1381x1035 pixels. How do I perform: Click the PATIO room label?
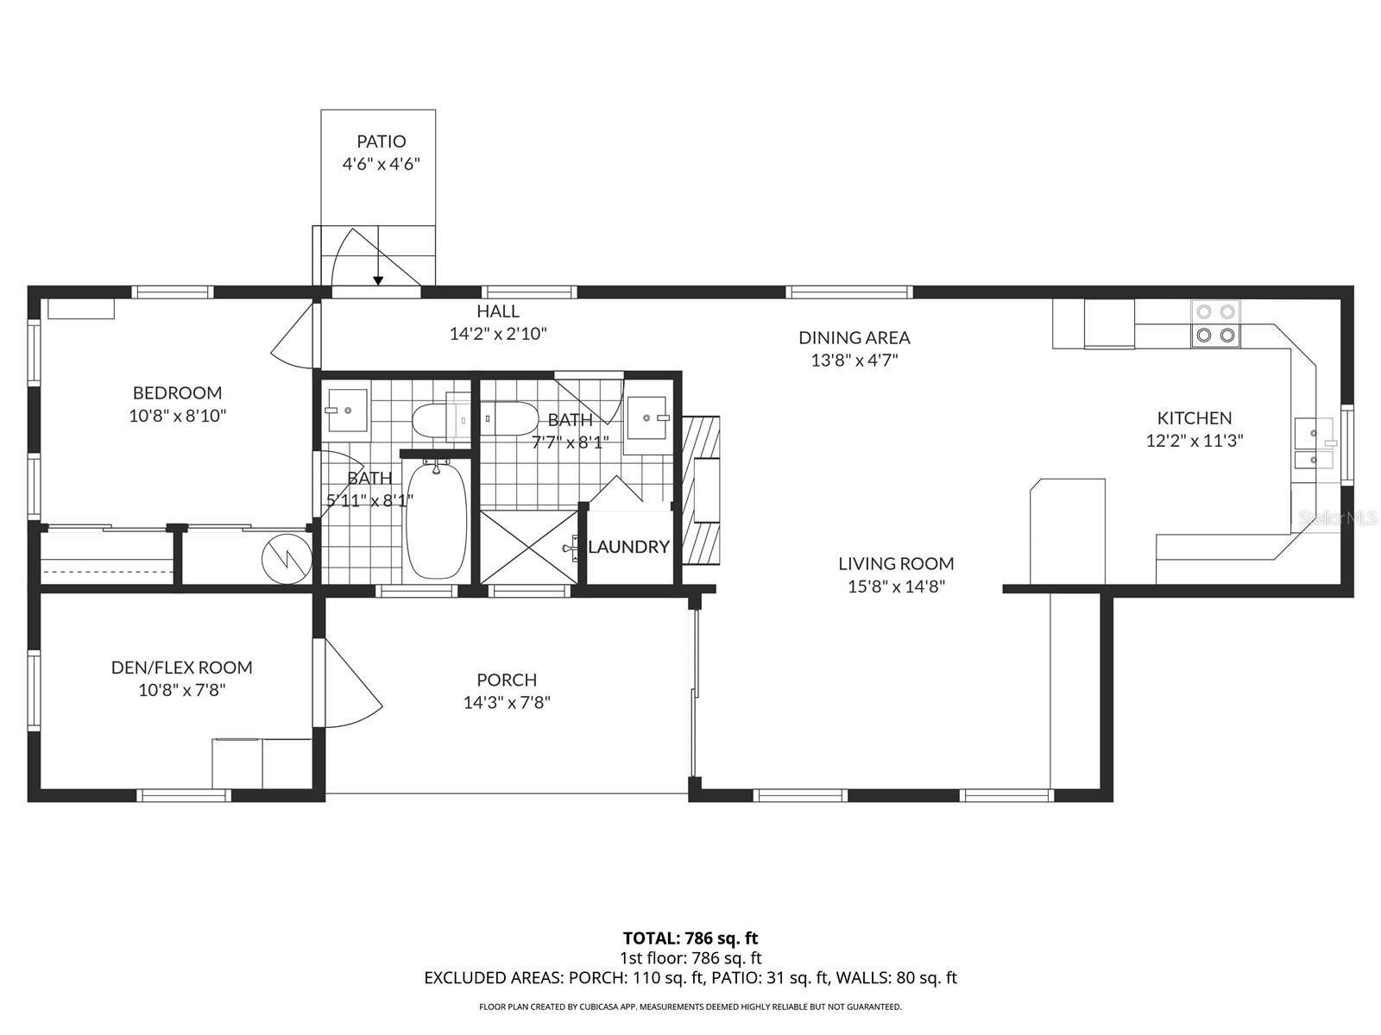(382, 141)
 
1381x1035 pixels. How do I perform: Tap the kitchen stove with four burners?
(1215, 323)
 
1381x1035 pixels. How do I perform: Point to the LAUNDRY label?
(628, 547)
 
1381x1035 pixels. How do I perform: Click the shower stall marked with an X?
(528, 548)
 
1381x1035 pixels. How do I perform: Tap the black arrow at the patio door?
(378, 279)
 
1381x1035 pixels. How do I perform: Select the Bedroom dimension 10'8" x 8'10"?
(177, 416)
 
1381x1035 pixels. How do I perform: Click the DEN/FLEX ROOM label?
(181, 668)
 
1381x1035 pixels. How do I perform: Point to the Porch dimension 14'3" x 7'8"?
(507, 703)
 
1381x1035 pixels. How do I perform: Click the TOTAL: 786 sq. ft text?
(690, 938)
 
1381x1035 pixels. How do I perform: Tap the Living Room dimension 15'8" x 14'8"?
(896, 586)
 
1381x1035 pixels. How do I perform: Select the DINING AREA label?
(854, 338)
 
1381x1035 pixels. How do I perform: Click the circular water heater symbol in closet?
(287, 557)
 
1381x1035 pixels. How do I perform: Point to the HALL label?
(498, 311)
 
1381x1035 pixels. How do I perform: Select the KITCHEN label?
(1194, 418)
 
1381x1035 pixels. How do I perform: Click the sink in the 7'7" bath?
(647, 418)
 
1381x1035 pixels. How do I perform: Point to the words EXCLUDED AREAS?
(492, 978)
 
